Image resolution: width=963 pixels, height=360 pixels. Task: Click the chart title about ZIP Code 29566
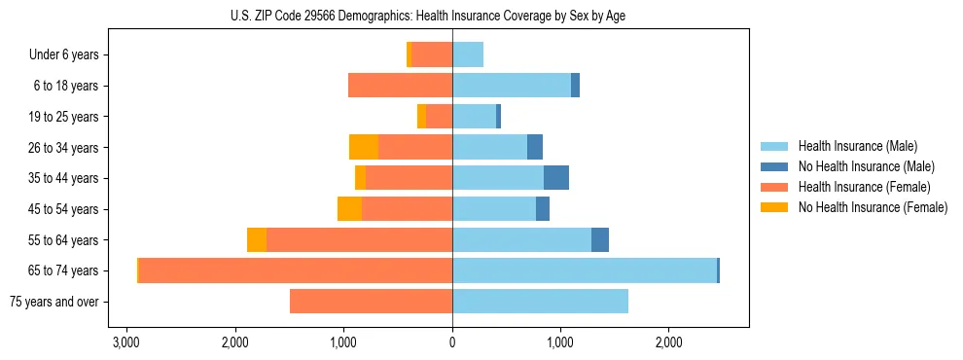451,16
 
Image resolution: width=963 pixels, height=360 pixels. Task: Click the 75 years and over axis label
54,302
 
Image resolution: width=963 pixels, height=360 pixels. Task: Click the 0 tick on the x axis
452,343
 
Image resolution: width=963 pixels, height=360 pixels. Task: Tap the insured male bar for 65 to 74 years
584,270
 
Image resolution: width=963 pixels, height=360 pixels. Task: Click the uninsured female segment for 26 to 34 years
364,148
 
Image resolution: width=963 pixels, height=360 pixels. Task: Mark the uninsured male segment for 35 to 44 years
556,178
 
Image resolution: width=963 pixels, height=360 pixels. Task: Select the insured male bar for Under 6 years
468,55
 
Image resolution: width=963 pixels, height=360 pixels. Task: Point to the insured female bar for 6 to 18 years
400,86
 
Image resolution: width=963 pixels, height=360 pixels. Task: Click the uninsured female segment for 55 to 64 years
257,240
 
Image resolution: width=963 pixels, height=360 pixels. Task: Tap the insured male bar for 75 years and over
540,302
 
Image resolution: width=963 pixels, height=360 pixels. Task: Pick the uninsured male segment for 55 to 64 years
600,240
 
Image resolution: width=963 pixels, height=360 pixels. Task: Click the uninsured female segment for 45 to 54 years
349,209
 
